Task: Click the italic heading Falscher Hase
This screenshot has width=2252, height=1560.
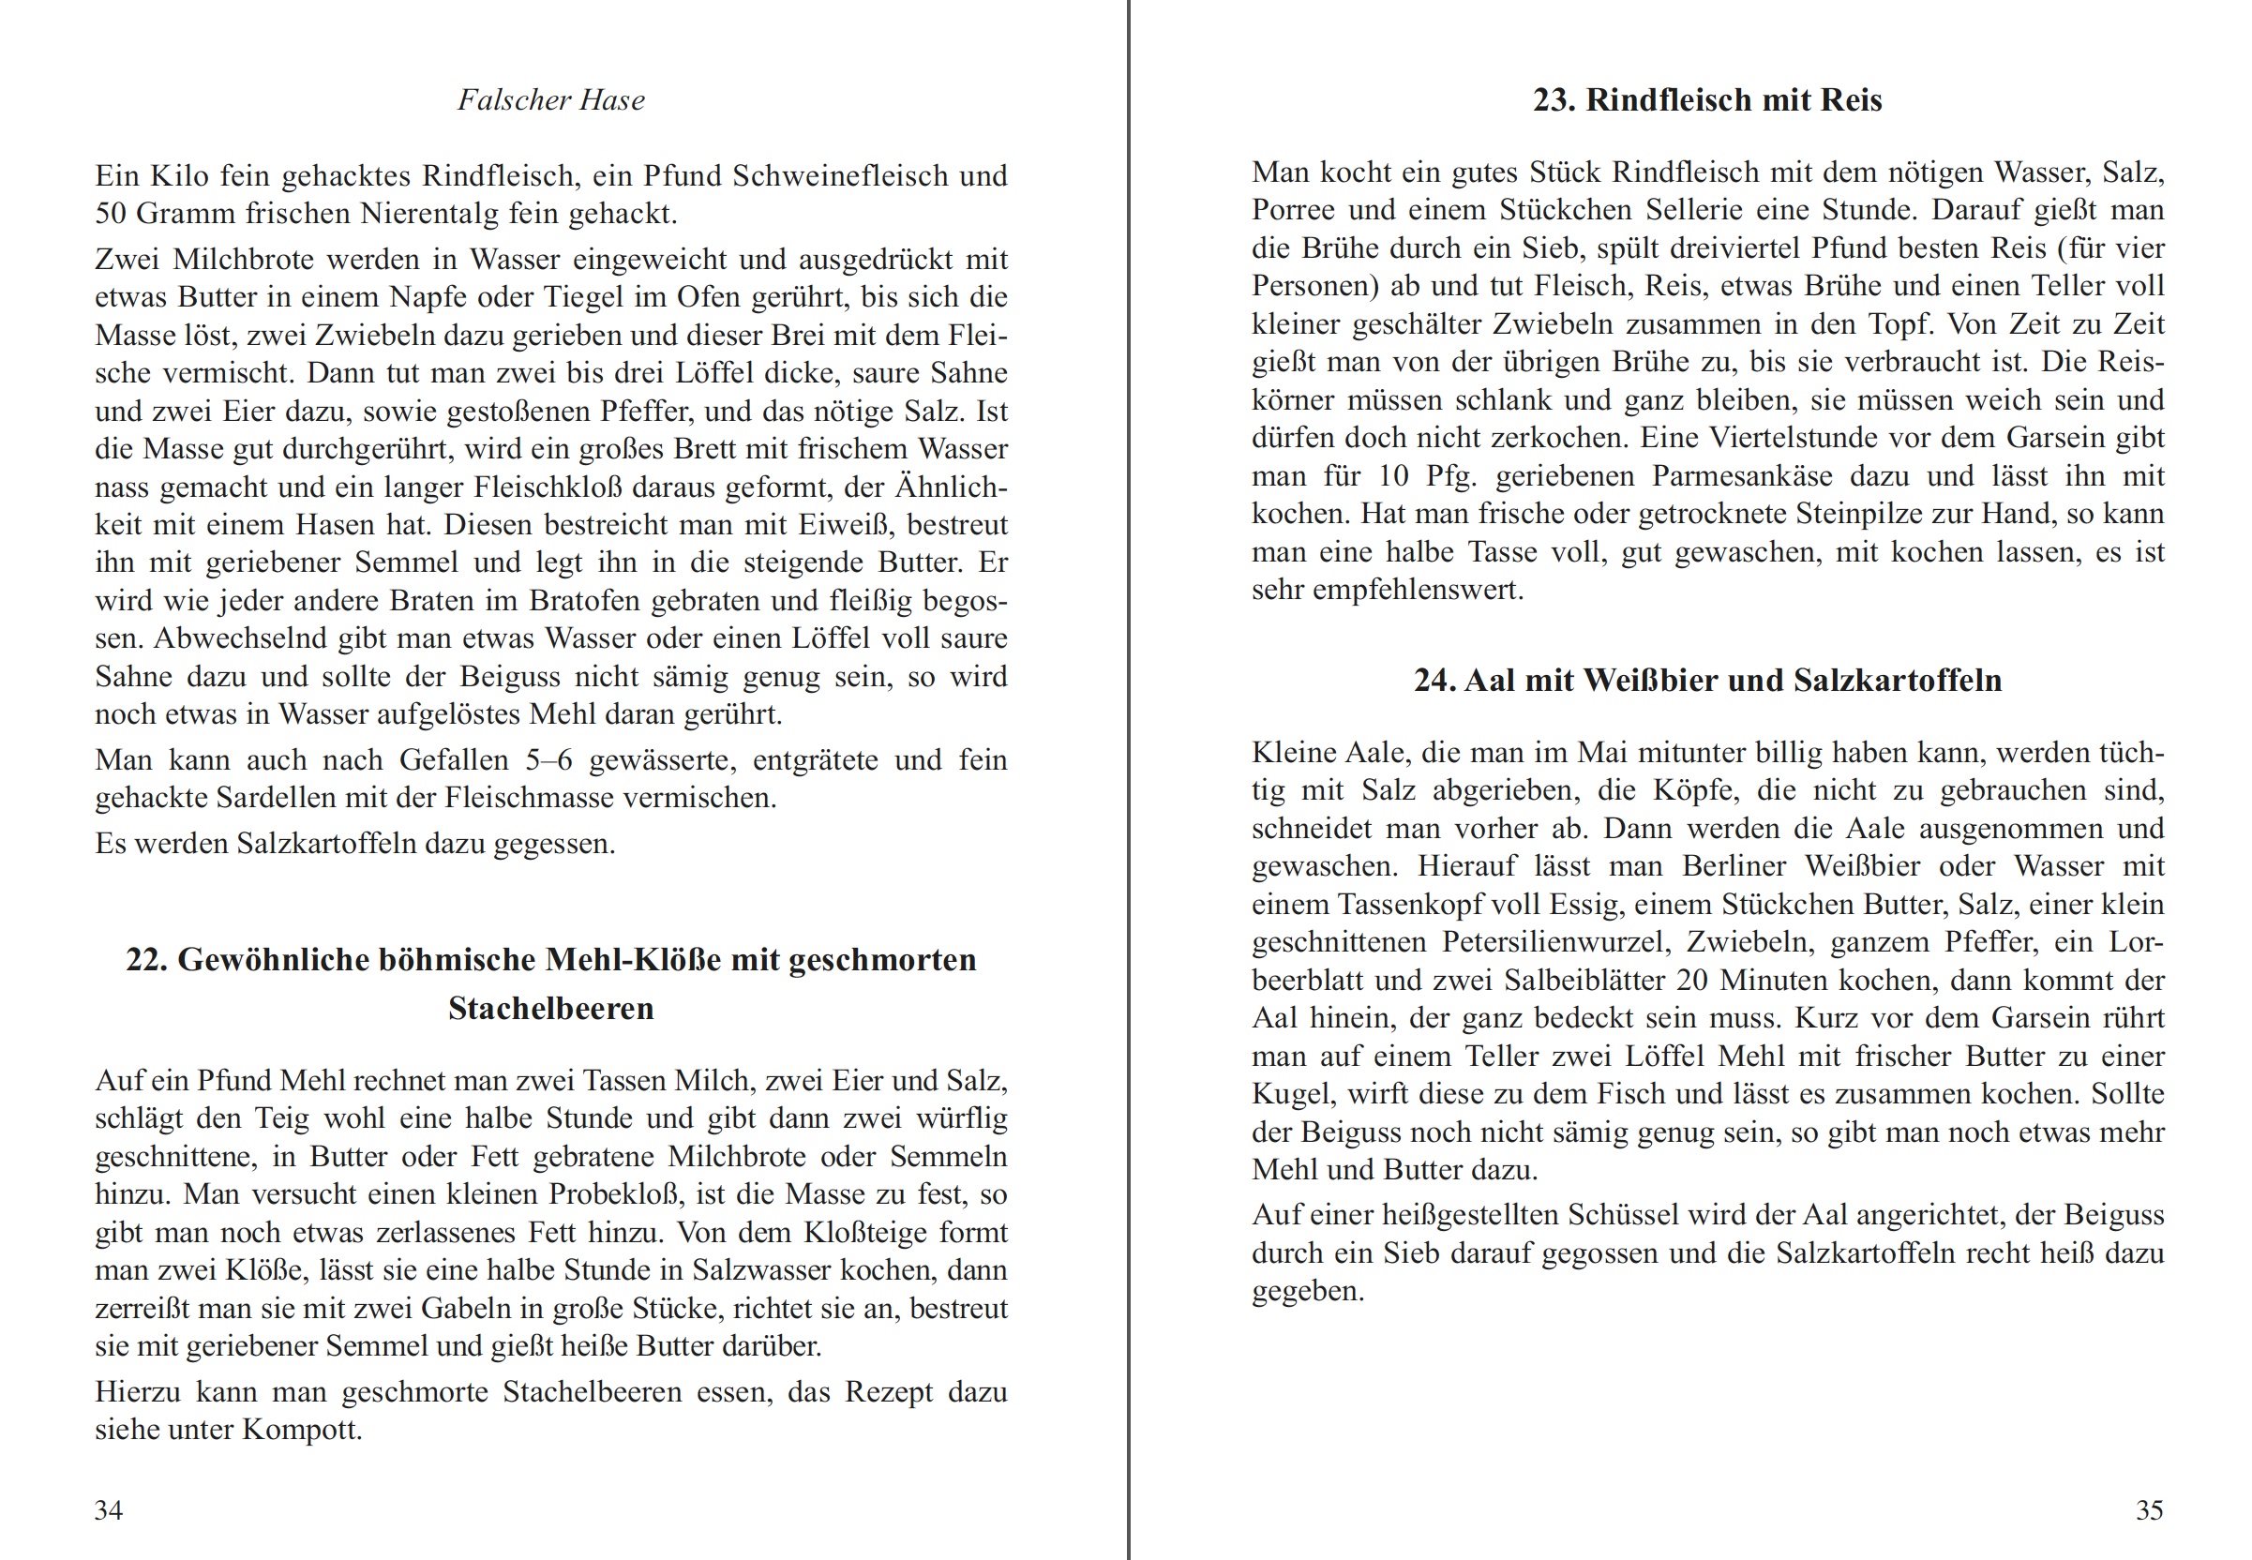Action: click(550, 99)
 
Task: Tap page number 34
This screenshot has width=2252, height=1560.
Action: click(109, 1510)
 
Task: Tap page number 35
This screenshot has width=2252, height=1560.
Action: click(2150, 1510)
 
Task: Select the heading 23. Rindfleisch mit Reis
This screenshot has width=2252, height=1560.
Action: click(1706, 99)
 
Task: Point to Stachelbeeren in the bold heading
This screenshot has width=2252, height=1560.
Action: click(550, 1009)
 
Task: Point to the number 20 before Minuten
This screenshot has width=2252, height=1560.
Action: click(1693, 981)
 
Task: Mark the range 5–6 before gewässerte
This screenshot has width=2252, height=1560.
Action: click(548, 759)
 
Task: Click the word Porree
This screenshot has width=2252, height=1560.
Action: click(1293, 210)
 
